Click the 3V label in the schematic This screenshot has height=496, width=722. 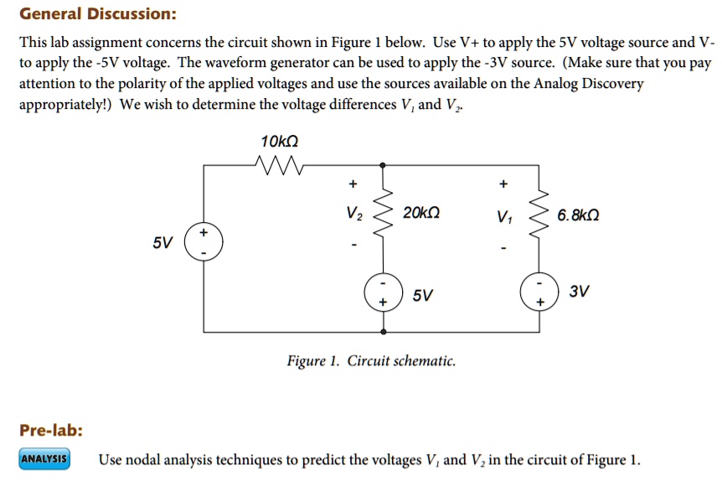click(579, 292)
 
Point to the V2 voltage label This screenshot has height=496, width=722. click(353, 214)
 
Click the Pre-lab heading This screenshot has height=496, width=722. click(51, 431)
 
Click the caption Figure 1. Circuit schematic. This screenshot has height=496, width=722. click(371, 361)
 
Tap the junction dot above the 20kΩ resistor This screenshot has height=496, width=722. click(383, 165)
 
